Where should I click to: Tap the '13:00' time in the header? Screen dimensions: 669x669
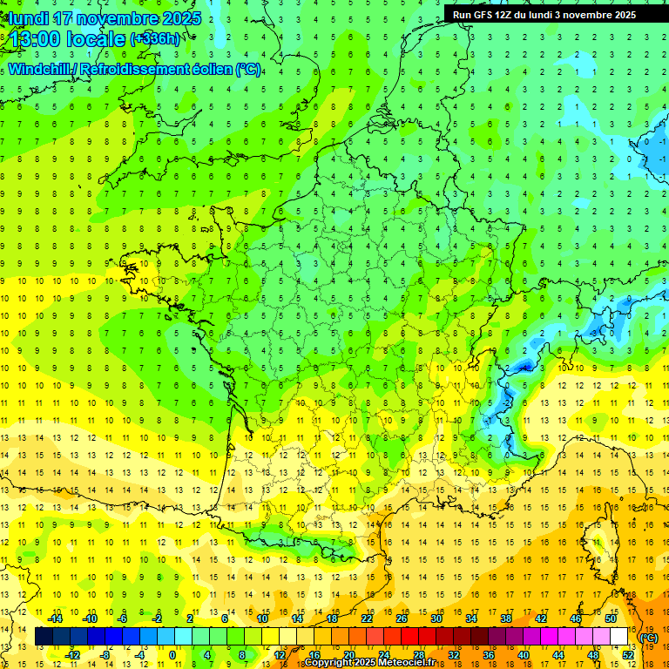coord(36,39)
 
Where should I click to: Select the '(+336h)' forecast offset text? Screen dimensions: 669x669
coord(156,38)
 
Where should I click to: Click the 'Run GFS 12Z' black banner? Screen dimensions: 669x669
coord(544,15)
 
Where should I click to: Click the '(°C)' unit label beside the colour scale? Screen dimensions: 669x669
coord(648,638)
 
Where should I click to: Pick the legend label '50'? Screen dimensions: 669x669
coord(610,618)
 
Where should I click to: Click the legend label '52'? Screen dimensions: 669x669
coord(627,655)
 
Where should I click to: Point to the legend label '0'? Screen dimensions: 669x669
coord(172,655)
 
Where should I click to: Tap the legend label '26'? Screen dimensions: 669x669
coord(402,618)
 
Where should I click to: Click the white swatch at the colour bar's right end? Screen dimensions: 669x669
coord(618,637)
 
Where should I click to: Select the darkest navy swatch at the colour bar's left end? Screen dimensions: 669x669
coord(44,637)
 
